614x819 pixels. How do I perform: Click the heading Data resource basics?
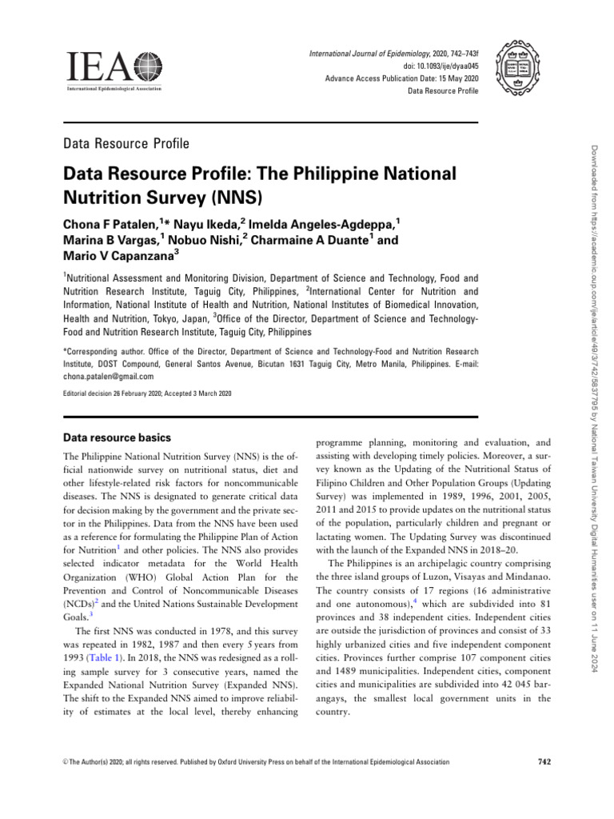click(x=116, y=437)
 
